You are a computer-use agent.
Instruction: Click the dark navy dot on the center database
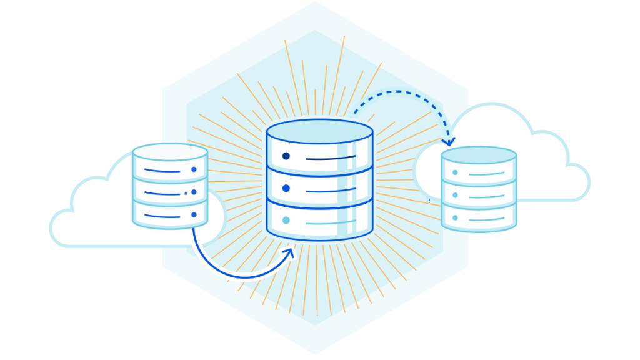286,156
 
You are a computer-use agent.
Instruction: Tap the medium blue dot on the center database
286,188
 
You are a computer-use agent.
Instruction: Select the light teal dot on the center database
286,220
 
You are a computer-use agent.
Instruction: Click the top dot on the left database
194,169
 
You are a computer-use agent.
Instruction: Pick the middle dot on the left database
194,192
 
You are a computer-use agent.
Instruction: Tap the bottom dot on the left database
194,215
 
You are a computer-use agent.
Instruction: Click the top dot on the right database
455,172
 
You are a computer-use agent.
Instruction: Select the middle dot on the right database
455,195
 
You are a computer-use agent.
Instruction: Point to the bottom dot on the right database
455,218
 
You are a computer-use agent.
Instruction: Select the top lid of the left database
170,151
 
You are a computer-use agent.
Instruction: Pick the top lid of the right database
479,154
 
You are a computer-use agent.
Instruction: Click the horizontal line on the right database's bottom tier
487,219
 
